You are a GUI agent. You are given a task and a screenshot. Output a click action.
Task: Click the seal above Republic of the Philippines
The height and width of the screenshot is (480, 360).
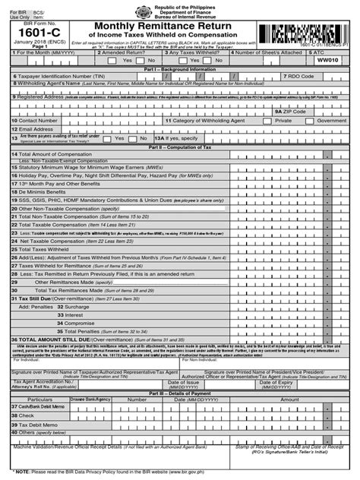tap(179, 8)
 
